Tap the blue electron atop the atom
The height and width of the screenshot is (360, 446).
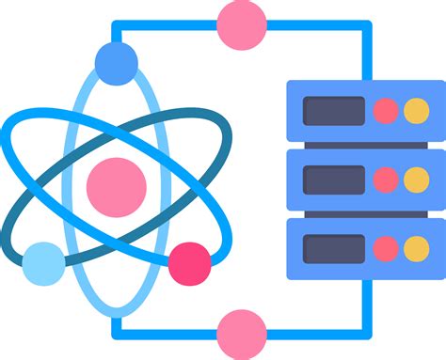click(x=117, y=62)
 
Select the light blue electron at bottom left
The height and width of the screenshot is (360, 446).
click(x=43, y=263)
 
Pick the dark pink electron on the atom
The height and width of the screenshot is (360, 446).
click(x=190, y=263)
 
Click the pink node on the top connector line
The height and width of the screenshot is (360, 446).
click(x=241, y=24)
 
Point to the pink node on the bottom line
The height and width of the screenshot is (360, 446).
click(x=241, y=334)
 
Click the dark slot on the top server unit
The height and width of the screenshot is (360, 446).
click(x=333, y=111)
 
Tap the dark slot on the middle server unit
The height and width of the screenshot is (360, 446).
click(x=333, y=180)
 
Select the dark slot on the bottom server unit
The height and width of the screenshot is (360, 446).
click(x=333, y=248)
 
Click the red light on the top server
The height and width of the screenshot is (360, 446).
click(x=386, y=111)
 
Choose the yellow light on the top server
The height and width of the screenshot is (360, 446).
click(x=416, y=111)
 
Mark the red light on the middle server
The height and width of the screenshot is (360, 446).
click(x=386, y=180)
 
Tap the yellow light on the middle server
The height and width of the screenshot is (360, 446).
click(x=416, y=180)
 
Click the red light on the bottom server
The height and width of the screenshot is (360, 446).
click(x=386, y=248)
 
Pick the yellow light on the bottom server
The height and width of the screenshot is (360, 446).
click(x=416, y=248)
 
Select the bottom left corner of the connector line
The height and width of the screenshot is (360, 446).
click(x=117, y=334)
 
